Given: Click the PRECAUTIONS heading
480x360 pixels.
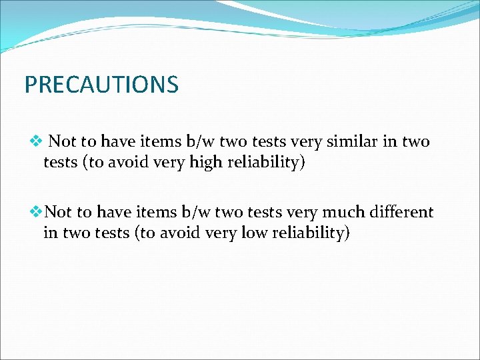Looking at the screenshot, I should (101, 85).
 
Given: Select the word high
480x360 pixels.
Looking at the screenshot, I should (203, 162).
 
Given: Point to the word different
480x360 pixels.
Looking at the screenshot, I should (399, 212).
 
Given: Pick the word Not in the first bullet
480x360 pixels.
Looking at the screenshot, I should (62, 141).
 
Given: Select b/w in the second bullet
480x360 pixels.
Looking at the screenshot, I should (193, 212).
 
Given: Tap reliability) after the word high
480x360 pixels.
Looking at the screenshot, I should (264, 162).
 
